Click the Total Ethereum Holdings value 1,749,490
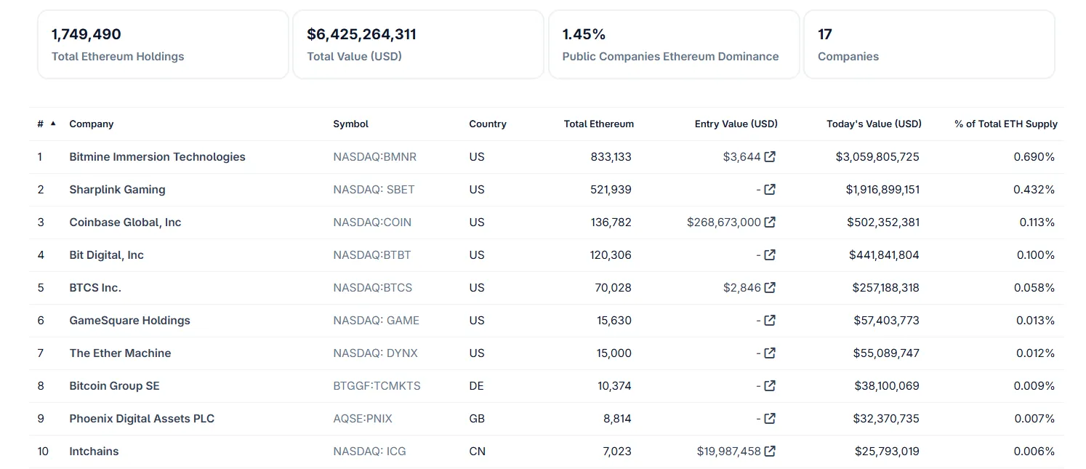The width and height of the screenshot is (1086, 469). point(87,34)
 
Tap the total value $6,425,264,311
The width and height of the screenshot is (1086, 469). point(361,34)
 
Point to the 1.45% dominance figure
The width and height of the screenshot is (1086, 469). point(584,34)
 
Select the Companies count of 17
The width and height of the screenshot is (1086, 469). point(825,34)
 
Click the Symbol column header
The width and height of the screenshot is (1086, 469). point(350,124)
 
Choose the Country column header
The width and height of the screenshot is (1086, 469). point(488,124)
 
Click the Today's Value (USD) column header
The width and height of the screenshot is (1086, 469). point(874,124)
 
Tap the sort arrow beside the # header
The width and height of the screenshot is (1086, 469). point(53,123)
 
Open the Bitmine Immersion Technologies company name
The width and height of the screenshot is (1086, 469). point(157,157)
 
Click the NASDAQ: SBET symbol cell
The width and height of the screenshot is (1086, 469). point(374,190)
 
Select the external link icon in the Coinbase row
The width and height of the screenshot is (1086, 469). point(770,222)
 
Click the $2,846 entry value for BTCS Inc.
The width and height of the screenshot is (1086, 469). point(741,288)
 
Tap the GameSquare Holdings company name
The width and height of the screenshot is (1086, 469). point(129,321)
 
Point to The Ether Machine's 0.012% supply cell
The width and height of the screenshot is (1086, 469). point(1034,353)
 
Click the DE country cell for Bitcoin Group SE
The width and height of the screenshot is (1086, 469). point(476,386)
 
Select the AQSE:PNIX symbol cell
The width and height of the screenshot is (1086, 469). point(363,419)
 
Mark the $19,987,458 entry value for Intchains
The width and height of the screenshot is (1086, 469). point(728,452)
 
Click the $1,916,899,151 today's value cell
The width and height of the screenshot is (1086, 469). point(882,190)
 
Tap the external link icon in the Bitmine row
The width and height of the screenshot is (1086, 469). point(770,156)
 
